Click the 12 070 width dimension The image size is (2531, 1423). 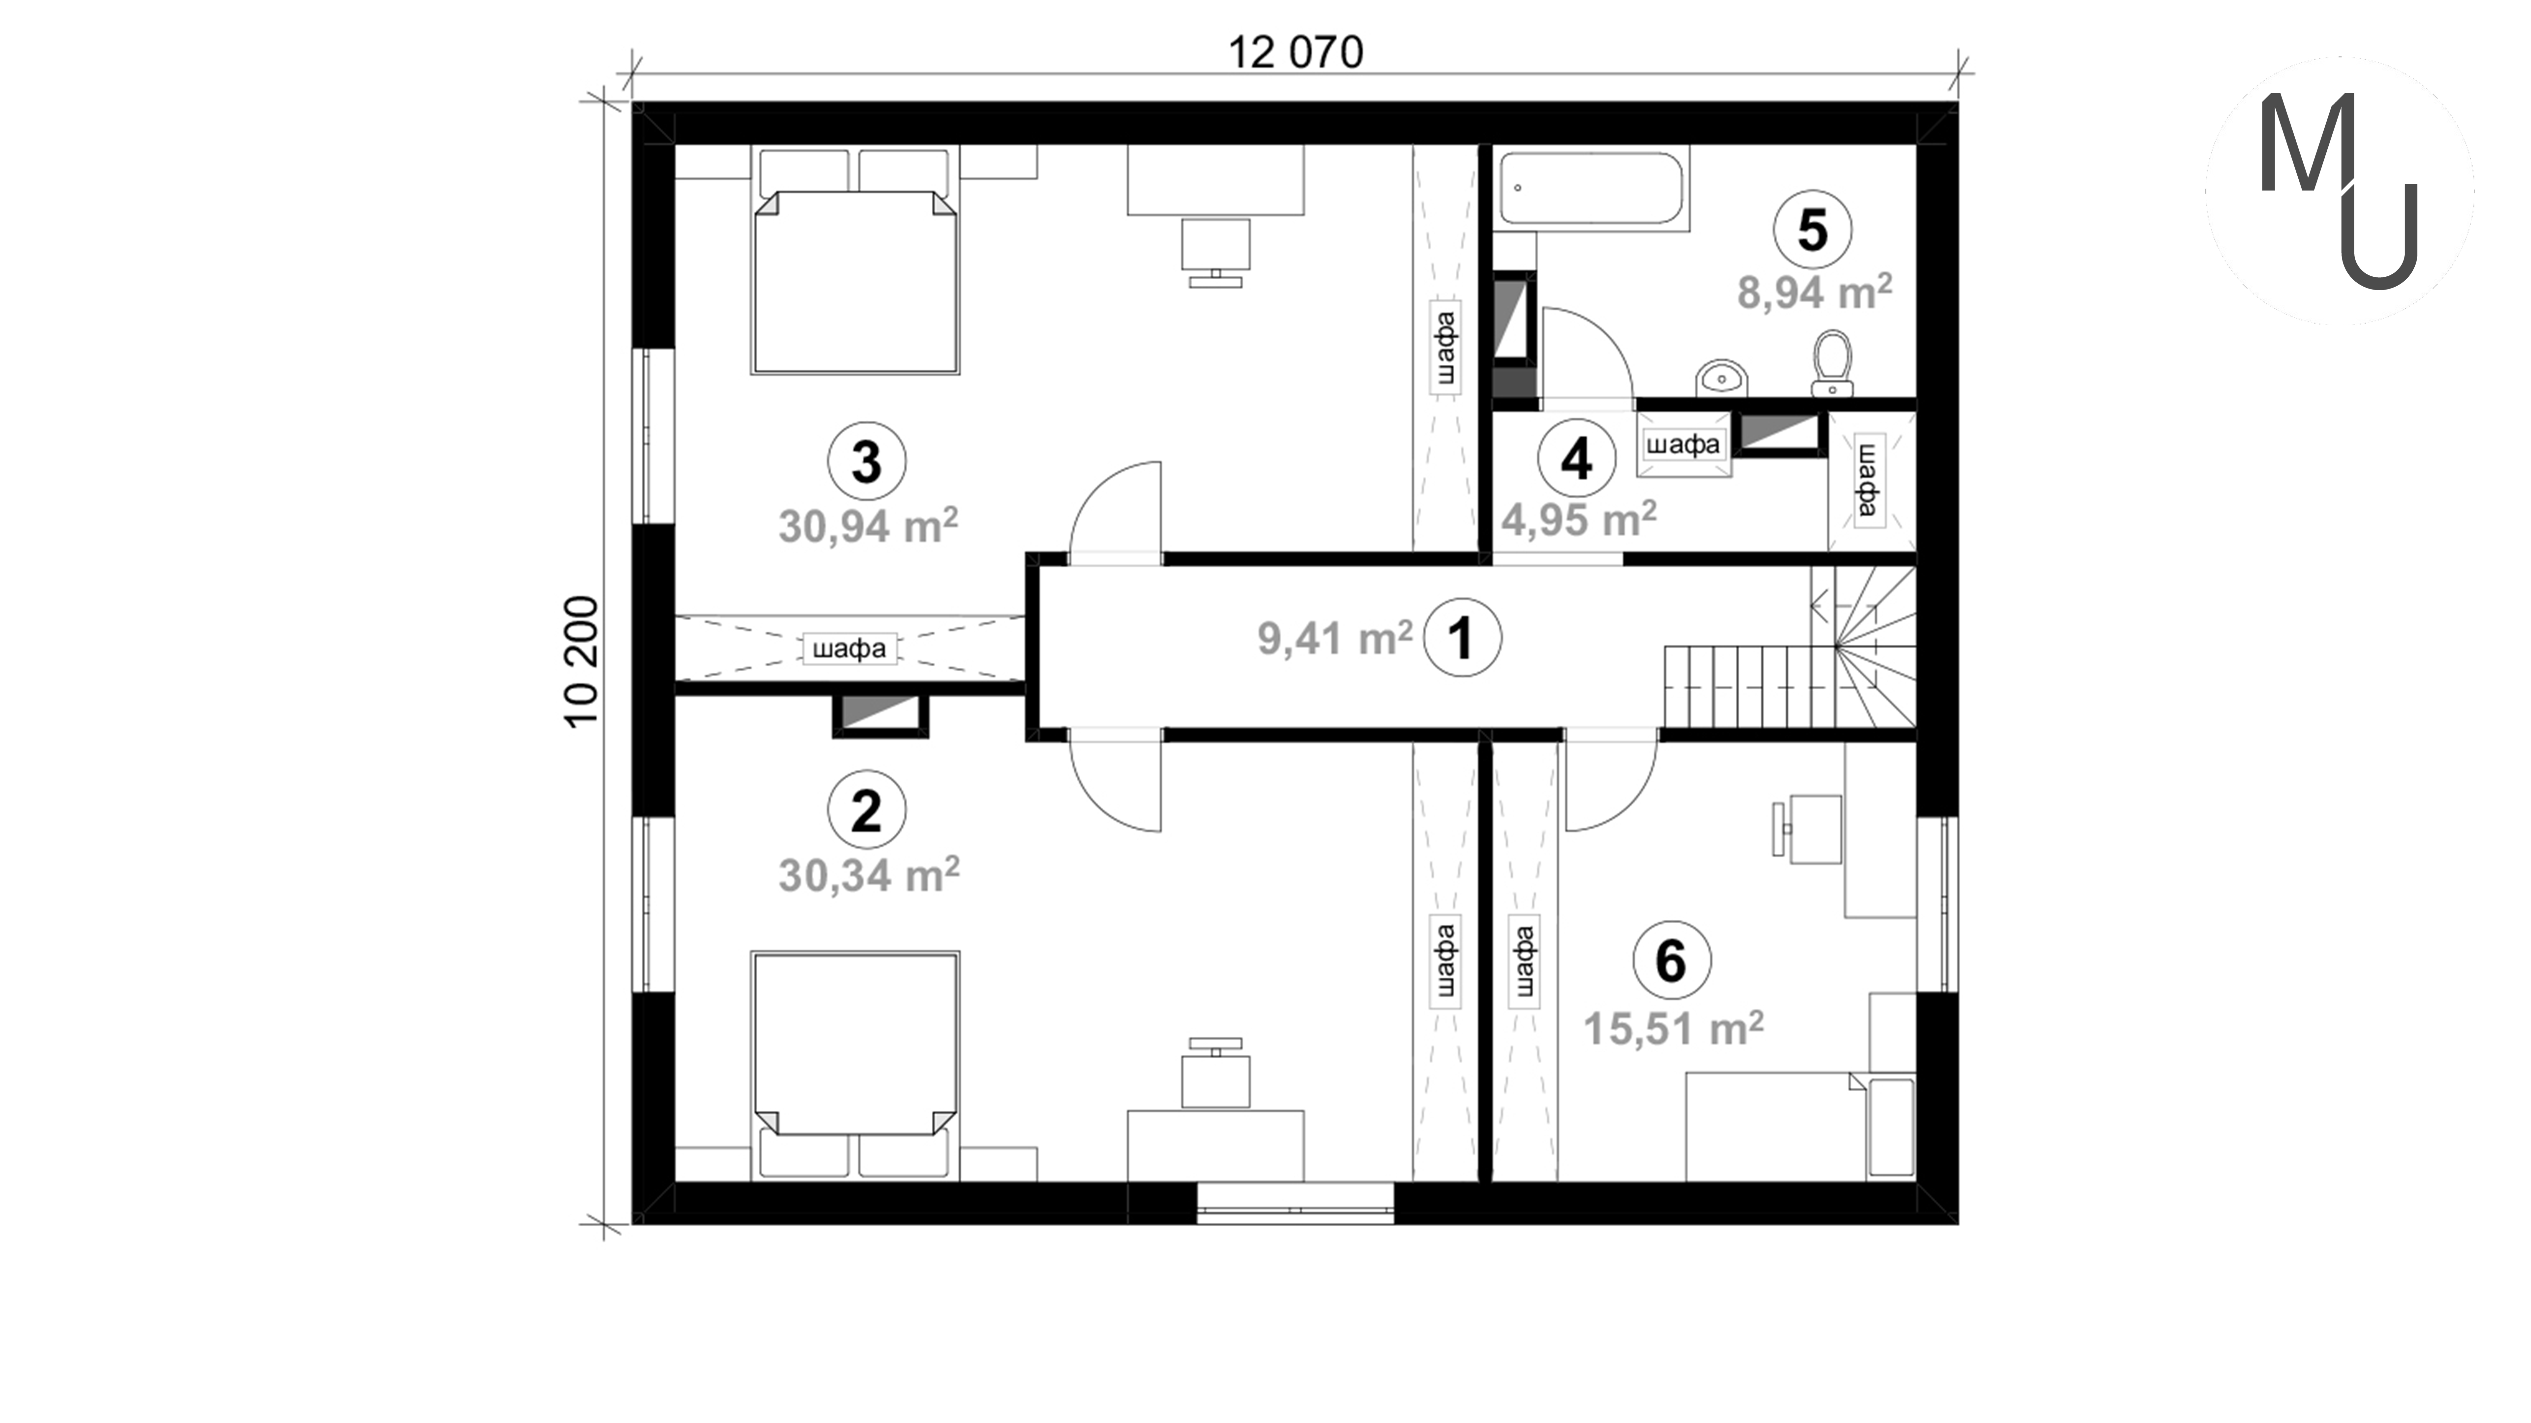tap(1296, 53)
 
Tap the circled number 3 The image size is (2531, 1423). tap(867, 461)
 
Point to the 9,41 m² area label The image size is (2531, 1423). tap(1335, 638)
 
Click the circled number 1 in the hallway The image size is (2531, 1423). tap(1462, 638)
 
